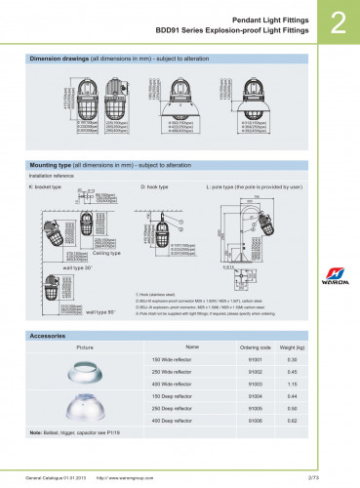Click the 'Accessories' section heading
(48, 335)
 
